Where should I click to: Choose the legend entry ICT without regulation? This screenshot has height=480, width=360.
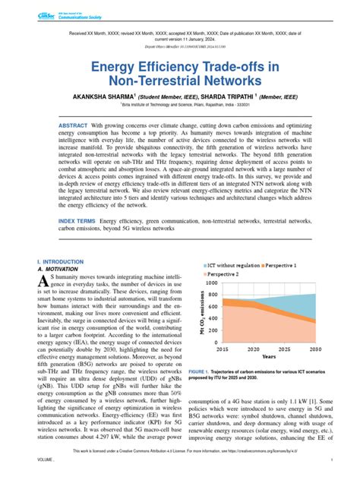pos(238,265)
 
